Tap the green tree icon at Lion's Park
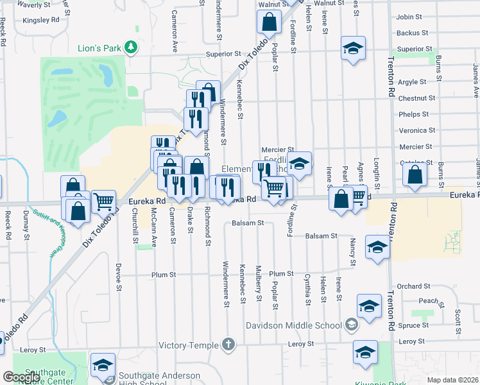pyautogui.click(x=131, y=46)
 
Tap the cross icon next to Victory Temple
pyautogui.click(x=230, y=343)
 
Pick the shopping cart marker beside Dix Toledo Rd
pyautogui.click(x=103, y=201)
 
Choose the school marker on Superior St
pyautogui.click(x=353, y=48)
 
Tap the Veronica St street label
pyautogui.click(x=413, y=130)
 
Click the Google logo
pyautogui.click(x=21, y=377)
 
